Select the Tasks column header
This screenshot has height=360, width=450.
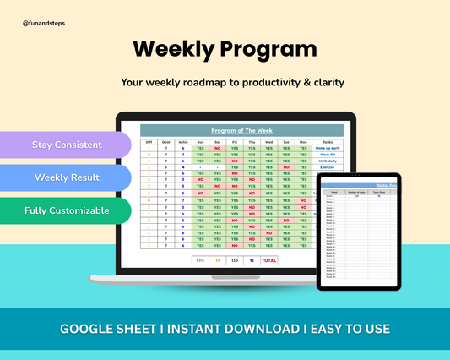[x=328, y=142]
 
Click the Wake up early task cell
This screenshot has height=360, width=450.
[x=328, y=149]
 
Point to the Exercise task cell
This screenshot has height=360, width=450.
[x=328, y=167]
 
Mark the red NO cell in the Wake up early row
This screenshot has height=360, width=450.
[x=218, y=149]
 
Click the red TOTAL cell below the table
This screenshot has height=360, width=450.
[x=268, y=260]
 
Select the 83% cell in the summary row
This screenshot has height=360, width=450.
[x=199, y=260]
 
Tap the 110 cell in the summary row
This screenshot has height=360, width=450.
[x=234, y=260]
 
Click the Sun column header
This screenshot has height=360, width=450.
[x=200, y=142]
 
